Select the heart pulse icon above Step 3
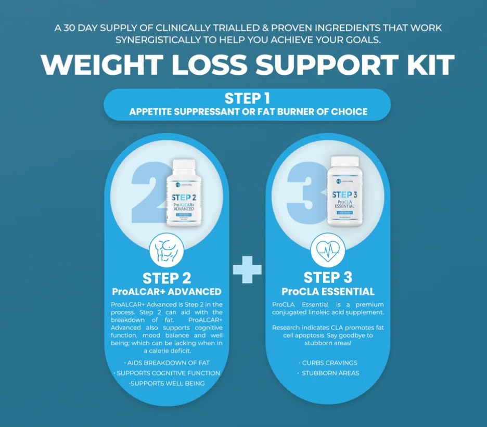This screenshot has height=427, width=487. coord(328,251)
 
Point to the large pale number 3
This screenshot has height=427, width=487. coord(307,192)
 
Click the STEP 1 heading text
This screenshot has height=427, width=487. coord(247,98)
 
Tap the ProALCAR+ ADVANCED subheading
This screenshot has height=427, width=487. coord(167,291)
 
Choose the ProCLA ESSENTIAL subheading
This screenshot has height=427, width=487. coord(328,291)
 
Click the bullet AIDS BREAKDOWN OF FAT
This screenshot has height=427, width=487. coord(167,363)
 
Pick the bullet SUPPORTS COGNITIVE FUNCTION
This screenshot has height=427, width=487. coord(167,373)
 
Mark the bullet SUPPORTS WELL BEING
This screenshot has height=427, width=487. coord(167,383)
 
